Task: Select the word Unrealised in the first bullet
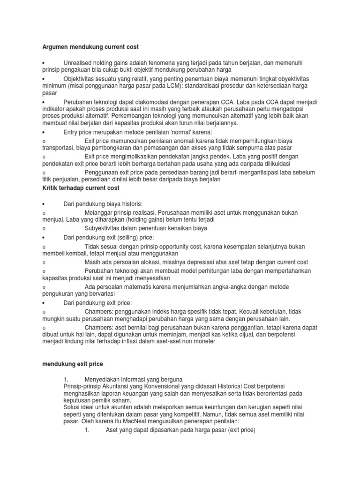pos(79,63)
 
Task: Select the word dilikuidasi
pos(275,164)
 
